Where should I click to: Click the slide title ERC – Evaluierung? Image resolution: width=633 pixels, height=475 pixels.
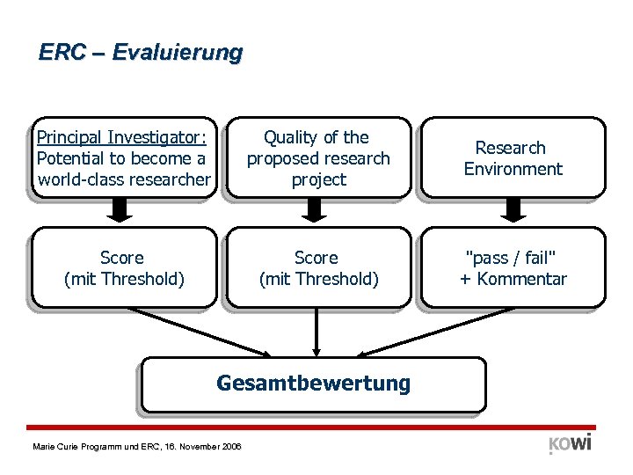(x=140, y=53)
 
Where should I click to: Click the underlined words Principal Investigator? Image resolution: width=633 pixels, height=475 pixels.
(x=121, y=137)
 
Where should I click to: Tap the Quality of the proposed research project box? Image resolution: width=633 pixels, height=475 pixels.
(x=317, y=157)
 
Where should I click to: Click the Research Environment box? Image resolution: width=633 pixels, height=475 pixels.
(x=513, y=157)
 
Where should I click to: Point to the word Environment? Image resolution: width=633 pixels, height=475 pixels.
(x=513, y=169)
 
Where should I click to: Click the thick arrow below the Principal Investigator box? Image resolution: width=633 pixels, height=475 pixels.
(x=122, y=209)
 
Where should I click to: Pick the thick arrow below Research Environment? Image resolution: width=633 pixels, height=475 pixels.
(x=513, y=209)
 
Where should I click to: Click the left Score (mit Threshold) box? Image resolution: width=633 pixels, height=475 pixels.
(x=123, y=268)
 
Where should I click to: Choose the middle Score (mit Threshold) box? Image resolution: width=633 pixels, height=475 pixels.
(x=317, y=268)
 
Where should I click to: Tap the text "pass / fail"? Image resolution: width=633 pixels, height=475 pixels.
(x=512, y=258)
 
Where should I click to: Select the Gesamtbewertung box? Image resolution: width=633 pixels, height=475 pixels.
(x=313, y=384)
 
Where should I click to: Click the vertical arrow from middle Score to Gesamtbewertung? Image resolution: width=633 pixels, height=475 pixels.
(x=316, y=332)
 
